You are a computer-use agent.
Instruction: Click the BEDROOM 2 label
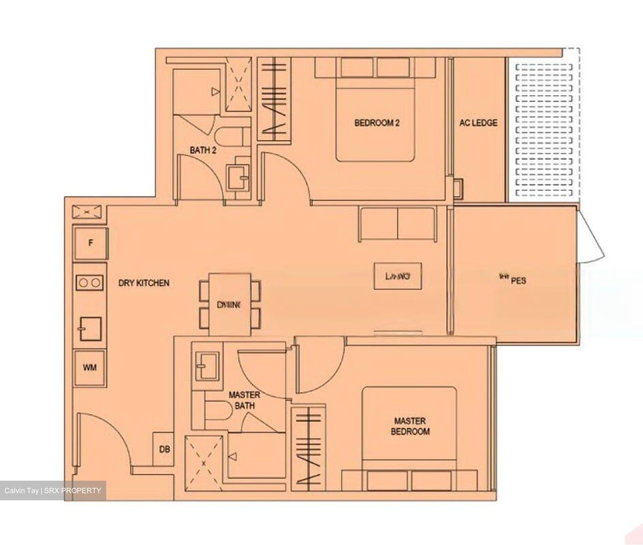pos(376,122)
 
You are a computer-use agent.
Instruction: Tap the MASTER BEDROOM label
pos(409,426)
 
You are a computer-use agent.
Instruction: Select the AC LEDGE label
pos(478,122)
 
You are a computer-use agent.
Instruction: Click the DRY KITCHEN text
pos(143,283)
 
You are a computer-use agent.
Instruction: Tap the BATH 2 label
pos(203,151)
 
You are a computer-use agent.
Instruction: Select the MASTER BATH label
pos(244,400)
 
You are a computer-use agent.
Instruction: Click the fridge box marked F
pos(91,243)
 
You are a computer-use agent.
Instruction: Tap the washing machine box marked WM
pos(90,368)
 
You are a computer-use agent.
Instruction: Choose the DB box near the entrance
pos(164,449)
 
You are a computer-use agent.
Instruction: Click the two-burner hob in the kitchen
pos(90,282)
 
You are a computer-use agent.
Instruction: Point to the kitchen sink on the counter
pos(90,329)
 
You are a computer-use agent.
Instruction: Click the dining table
pos(230,304)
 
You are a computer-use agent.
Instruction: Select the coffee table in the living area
pos(397,277)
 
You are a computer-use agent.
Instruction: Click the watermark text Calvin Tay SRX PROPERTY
pos(53,490)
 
